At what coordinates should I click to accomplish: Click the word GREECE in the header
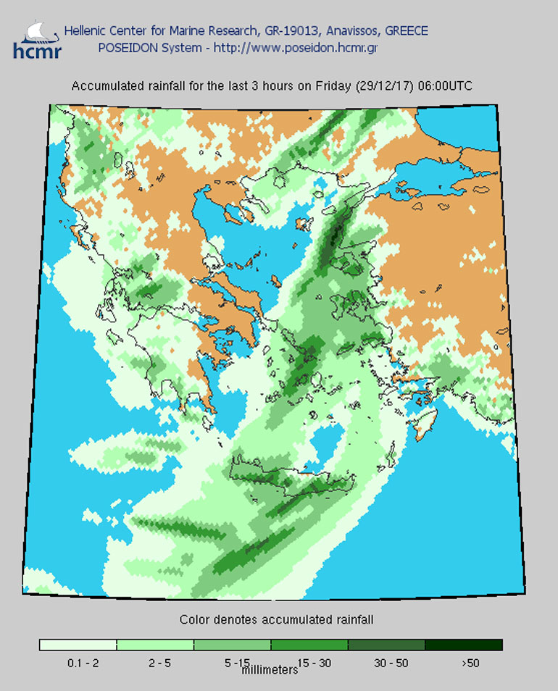click(x=405, y=31)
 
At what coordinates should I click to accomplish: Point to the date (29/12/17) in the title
click(x=383, y=86)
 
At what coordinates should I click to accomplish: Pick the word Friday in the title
click(x=333, y=86)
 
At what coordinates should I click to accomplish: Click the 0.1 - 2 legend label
click(x=78, y=663)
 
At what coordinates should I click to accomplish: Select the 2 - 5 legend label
click(x=154, y=663)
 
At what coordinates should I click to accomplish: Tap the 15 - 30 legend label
click(x=309, y=663)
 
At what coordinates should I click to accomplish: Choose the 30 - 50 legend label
click(x=386, y=663)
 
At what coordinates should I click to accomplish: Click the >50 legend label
click(x=467, y=663)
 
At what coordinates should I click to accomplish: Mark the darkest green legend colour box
click(x=463, y=645)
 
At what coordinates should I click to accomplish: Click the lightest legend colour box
click(x=78, y=645)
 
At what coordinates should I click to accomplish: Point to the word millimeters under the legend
click(x=270, y=670)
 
